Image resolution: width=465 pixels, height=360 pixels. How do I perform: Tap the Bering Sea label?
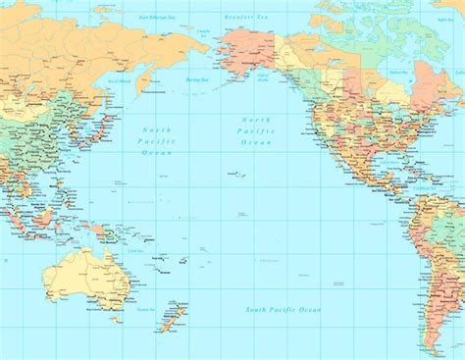198,78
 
